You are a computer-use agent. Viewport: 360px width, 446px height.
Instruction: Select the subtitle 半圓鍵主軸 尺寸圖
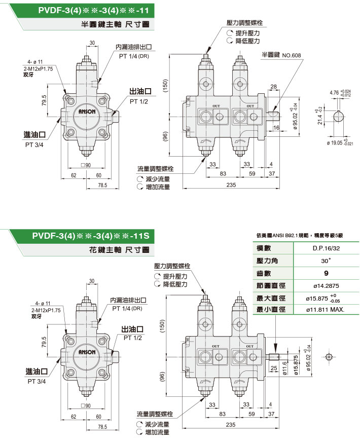(115, 24)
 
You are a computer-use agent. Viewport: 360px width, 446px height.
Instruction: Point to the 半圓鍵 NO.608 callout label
(281, 54)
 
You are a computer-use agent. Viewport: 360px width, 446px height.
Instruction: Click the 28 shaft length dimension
(273, 87)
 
